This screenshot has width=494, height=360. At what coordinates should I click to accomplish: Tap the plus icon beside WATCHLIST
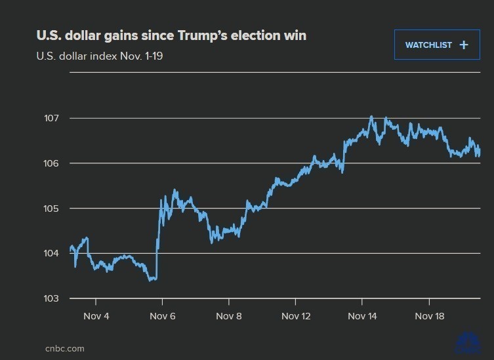click(464, 45)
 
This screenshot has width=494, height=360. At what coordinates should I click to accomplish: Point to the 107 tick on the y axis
click(51, 119)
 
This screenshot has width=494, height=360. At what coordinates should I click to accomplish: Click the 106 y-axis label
click(51, 163)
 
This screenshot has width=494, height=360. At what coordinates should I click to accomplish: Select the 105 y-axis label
click(51, 209)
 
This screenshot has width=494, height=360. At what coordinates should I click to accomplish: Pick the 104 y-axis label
click(51, 253)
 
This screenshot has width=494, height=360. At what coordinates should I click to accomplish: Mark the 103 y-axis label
click(51, 298)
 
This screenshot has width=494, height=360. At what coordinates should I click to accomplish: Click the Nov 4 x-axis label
click(96, 316)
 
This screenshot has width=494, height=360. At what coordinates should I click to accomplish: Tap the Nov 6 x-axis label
click(162, 316)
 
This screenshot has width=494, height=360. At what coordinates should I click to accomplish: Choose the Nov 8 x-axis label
click(229, 316)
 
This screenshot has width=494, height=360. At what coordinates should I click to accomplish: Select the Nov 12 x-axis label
click(296, 316)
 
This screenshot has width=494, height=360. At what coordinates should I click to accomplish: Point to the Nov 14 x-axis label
click(362, 316)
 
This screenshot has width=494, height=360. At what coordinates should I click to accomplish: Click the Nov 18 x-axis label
click(429, 316)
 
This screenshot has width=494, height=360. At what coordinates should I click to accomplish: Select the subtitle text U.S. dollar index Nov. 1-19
click(100, 56)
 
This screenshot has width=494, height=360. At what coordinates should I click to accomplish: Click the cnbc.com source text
click(64, 348)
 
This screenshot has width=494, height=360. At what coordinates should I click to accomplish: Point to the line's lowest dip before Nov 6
click(152, 280)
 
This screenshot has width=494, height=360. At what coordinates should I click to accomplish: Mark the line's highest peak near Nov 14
click(371, 117)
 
